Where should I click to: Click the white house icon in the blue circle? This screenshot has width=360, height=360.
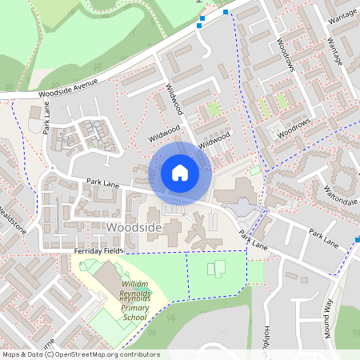(x=180, y=173)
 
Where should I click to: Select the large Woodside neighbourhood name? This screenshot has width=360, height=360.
(x=134, y=229)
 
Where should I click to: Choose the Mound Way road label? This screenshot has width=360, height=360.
(x=328, y=314)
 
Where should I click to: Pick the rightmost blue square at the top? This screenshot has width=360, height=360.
(x=226, y=12)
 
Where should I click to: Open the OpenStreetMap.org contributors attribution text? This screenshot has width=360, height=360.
(x=104, y=354)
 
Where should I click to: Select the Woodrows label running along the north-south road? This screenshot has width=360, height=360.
(x=286, y=54)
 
